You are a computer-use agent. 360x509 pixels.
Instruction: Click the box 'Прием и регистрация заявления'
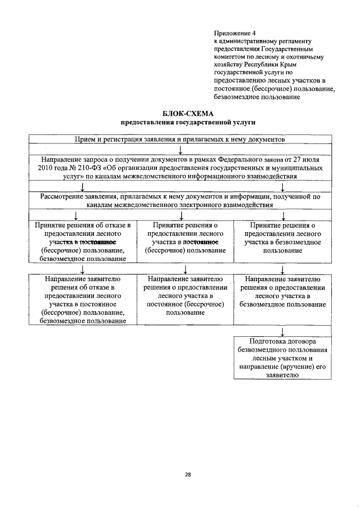(x=181, y=139)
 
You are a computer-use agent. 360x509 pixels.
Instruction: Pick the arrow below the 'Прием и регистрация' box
(x=180, y=150)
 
